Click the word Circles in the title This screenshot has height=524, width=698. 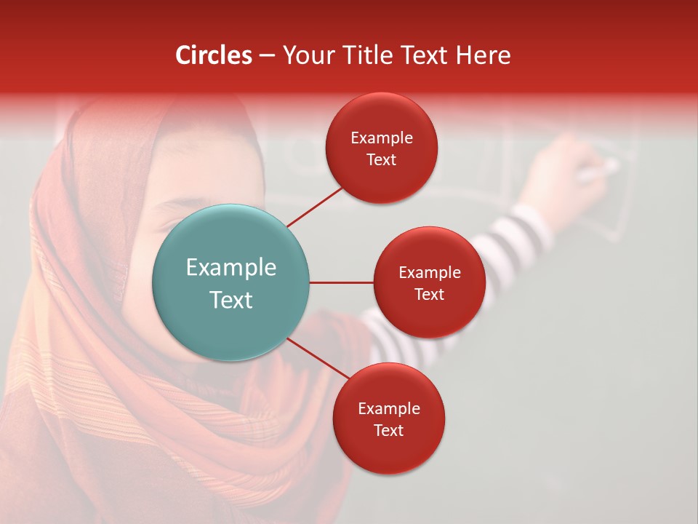click(214, 55)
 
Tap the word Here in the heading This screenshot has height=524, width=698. click(483, 55)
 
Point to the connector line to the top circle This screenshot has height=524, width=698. click(316, 206)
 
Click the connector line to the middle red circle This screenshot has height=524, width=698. click(341, 282)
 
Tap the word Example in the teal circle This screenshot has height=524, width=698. click(230, 268)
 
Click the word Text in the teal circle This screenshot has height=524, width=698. click(230, 300)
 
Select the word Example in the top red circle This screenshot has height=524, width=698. click(381, 138)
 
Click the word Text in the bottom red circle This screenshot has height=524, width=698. click(388, 431)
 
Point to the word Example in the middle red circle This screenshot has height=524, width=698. click(429, 273)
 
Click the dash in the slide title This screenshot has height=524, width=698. click(267, 56)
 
